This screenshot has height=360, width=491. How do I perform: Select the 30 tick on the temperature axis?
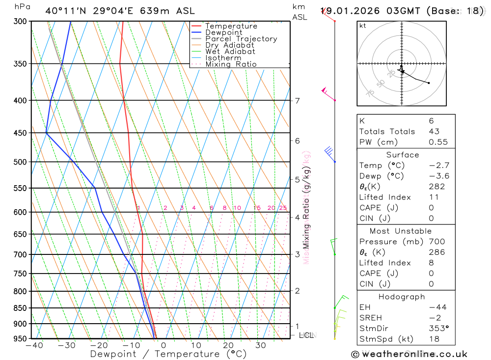click(260, 345)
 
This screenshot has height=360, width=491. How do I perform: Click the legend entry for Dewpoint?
click(223, 32)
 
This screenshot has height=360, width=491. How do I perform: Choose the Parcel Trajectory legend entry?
click(241, 39)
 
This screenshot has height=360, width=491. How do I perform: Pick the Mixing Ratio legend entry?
click(231, 64)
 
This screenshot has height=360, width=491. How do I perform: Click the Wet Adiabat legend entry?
click(230, 51)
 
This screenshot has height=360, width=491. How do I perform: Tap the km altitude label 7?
click(297, 101)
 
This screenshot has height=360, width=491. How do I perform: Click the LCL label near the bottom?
click(306, 335)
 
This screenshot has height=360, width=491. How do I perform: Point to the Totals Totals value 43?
click(434, 131)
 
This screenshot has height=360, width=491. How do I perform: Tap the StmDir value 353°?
click(437, 329)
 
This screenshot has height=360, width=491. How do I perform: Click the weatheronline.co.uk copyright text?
click(409, 354)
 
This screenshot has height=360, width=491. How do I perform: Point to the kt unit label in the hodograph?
click(363, 26)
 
